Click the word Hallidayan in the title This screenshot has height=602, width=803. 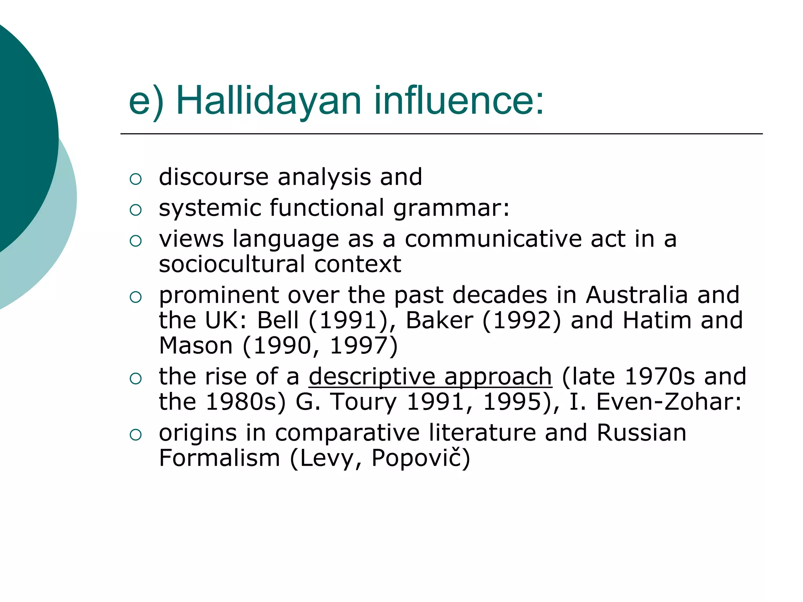click(x=269, y=101)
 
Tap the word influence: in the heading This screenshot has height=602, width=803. click(x=459, y=101)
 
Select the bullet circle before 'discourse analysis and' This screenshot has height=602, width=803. click(x=135, y=179)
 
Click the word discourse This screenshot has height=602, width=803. click(x=214, y=177)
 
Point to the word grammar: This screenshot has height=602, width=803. click(x=451, y=209)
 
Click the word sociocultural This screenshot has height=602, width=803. click(x=232, y=264)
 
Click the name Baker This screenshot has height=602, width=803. click(x=439, y=321)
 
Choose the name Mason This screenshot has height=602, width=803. click(x=196, y=346)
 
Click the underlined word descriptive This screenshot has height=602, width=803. click(x=372, y=377)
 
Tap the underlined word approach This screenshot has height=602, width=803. click(x=498, y=377)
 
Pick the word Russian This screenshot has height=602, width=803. click(x=641, y=433)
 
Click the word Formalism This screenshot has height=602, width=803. click(x=219, y=458)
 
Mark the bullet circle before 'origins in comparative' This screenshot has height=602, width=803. click(x=135, y=435)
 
